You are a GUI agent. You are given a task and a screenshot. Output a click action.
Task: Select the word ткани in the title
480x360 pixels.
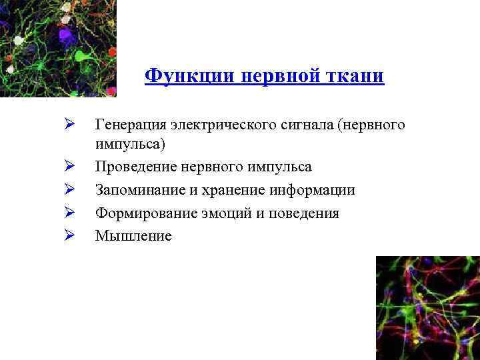[357, 75]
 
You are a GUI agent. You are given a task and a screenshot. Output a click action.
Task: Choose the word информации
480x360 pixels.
[312, 190]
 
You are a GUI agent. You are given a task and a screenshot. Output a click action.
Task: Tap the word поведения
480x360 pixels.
[303, 213]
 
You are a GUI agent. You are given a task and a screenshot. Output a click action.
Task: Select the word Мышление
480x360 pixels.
[133, 236]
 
